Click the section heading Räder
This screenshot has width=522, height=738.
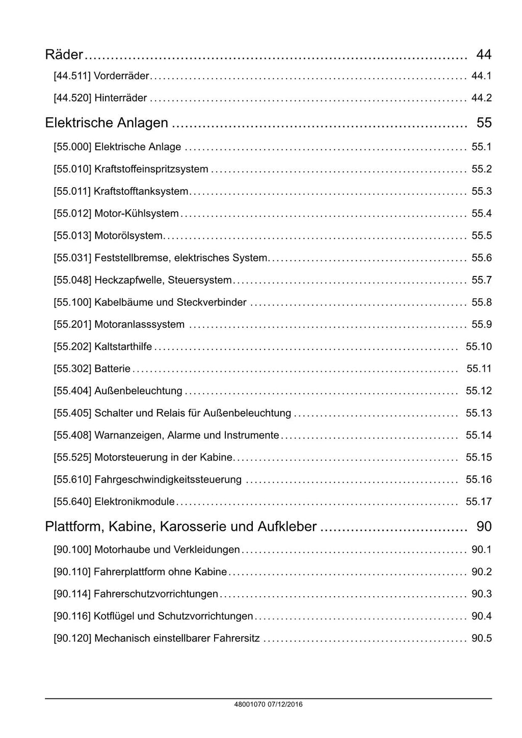point(64,54)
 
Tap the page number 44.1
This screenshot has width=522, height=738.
point(481,76)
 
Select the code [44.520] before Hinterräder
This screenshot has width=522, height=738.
point(72,98)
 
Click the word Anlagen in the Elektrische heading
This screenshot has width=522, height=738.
point(145,123)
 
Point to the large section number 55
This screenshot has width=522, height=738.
point(484,123)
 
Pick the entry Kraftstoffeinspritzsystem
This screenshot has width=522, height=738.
point(151,169)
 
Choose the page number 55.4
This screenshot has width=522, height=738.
point(481,214)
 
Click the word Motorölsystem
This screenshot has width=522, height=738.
point(128,236)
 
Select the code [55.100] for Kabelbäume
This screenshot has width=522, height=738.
point(72,302)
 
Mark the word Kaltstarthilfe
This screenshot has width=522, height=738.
point(123,347)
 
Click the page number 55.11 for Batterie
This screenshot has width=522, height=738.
point(479,369)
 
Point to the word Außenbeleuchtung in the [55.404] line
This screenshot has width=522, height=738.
point(138,391)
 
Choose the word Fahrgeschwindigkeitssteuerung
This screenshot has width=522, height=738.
point(168,480)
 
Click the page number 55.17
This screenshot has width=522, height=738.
point(479,502)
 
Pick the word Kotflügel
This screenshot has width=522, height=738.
point(114,616)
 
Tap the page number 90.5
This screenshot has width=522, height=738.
point(481,639)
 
